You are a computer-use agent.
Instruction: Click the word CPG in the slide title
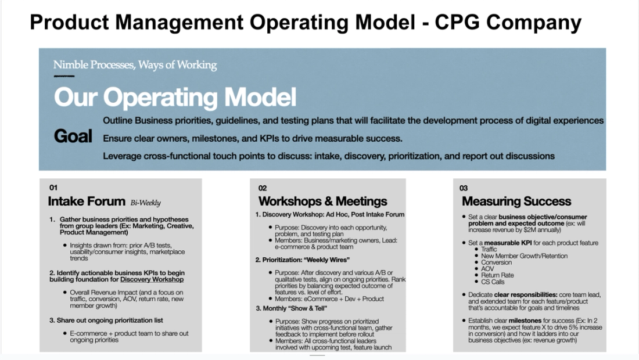(x=458, y=23)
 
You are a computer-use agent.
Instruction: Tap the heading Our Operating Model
(x=175, y=97)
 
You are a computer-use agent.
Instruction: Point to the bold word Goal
(x=73, y=136)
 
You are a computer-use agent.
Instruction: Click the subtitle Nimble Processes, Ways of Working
(x=135, y=65)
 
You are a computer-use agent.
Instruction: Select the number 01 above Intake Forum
(x=53, y=188)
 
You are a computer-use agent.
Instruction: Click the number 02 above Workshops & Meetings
(x=263, y=188)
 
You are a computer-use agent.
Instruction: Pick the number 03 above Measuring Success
(x=464, y=188)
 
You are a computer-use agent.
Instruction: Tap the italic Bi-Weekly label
(x=145, y=203)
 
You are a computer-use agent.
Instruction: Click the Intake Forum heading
(x=87, y=202)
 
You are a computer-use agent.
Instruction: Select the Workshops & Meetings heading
(x=322, y=201)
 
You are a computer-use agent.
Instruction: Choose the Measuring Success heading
(x=516, y=201)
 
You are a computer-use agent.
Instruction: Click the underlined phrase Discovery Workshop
(x=152, y=279)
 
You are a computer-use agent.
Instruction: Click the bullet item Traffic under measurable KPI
(x=489, y=249)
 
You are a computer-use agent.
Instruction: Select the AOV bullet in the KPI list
(x=487, y=269)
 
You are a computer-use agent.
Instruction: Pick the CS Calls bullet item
(x=493, y=282)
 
